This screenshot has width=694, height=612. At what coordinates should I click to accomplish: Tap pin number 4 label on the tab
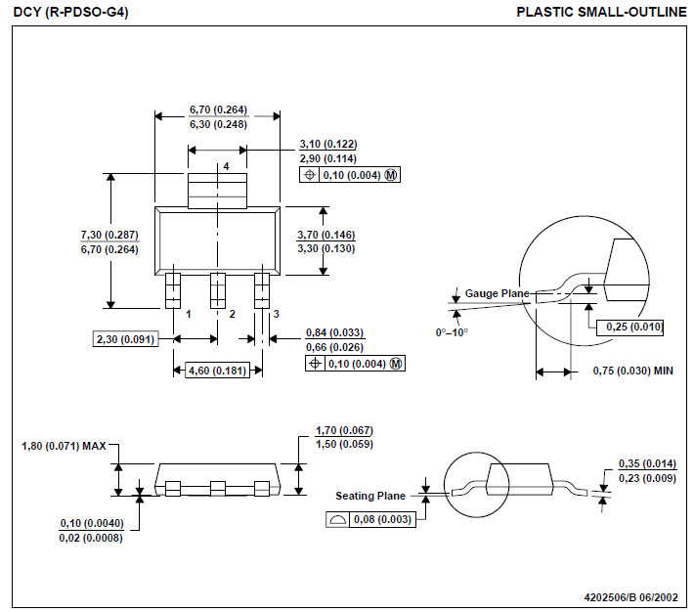click(226, 167)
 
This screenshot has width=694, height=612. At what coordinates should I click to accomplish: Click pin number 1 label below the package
click(188, 314)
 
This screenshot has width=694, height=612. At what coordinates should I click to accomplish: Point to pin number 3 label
click(276, 314)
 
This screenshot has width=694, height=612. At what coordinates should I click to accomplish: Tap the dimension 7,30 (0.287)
click(108, 235)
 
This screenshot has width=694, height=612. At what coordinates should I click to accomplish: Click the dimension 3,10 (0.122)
click(327, 144)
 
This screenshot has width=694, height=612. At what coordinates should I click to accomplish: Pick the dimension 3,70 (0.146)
click(325, 235)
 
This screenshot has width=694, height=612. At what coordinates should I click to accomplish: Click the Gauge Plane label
click(497, 293)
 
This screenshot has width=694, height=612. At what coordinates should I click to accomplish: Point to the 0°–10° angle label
click(453, 332)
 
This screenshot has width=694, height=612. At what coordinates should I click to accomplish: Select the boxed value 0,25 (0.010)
click(634, 327)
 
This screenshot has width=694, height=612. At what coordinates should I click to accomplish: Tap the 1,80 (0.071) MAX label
click(64, 447)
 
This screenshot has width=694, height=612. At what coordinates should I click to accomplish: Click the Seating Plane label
click(370, 496)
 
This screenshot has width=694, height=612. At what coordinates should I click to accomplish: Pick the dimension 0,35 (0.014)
click(646, 463)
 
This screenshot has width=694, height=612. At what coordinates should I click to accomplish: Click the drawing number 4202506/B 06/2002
click(630, 596)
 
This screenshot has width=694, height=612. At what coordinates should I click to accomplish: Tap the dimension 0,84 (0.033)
click(334, 332)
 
